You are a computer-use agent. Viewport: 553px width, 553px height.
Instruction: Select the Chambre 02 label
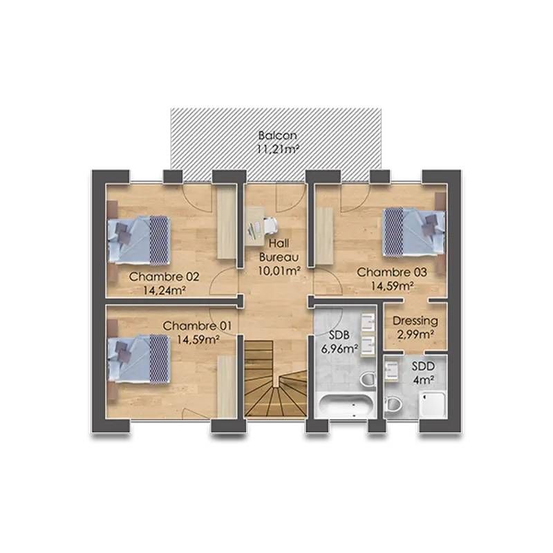tap(165, 277)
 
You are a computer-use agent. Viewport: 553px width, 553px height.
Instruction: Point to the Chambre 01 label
tap(198, 326)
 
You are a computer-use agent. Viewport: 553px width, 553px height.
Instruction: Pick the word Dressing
tap(415, 321)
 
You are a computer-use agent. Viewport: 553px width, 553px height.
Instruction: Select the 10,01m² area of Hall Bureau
tap(279, 271)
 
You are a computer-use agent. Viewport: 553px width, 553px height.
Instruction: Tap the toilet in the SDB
tap(367, 379)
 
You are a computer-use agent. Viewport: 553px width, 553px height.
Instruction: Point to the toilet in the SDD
tap(394, 403)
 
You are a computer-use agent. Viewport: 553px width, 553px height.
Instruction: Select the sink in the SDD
tap(392, 373)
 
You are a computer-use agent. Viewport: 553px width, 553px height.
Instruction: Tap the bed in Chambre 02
tap(138, 239)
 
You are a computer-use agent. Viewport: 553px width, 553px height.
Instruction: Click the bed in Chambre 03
tap(415, 232)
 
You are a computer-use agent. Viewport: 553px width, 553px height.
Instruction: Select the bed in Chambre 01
tap(138, 357)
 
